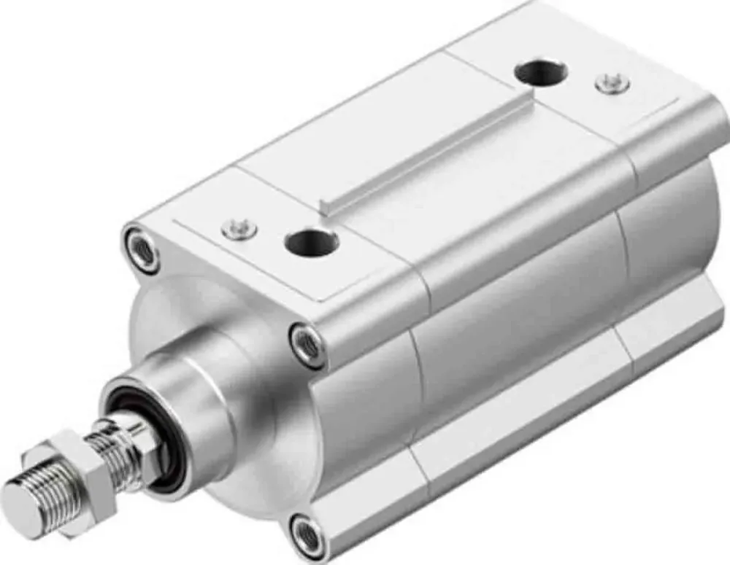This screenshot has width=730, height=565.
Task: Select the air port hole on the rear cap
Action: click(x=541, y=73)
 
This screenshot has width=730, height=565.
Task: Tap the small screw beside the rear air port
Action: click(x=612, y=83)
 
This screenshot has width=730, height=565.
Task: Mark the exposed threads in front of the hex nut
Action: click(x=36, y=496)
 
